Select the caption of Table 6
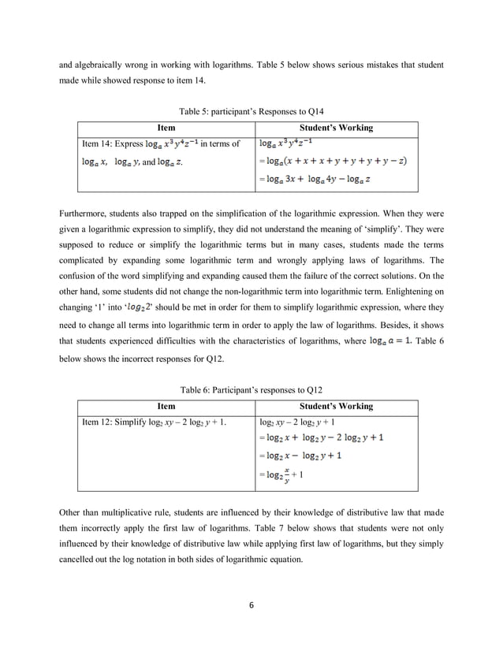(x=251, y=389)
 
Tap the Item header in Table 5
(x=166, y=128)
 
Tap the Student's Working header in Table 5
(x=337, y=128)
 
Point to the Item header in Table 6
(x=166, y=407)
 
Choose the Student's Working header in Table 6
(x=337, y=407)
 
